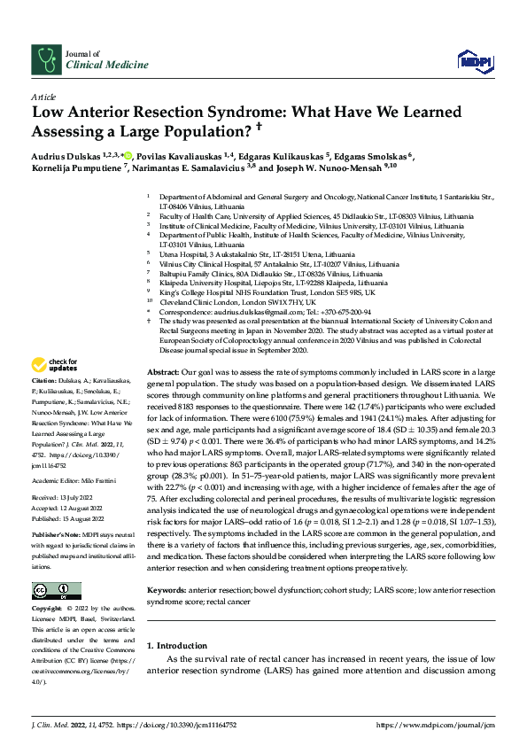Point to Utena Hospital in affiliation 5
(182, 253)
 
